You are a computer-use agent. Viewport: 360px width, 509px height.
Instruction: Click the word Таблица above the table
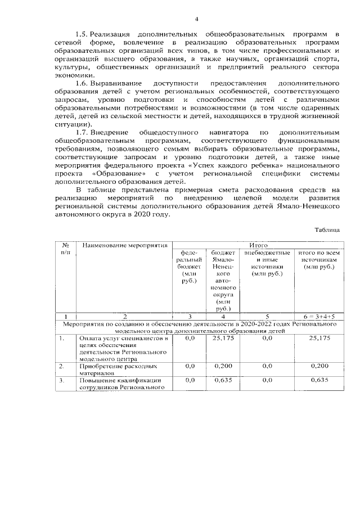click(327, 229)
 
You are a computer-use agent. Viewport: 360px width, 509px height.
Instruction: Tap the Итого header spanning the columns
click(256, 246)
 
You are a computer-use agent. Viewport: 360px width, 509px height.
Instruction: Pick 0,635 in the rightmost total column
click(318, 380)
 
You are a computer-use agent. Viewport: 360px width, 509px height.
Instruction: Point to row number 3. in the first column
click(64, 380)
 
